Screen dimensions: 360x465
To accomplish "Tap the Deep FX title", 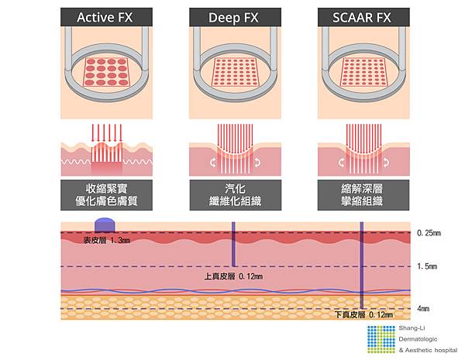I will coord(232,17).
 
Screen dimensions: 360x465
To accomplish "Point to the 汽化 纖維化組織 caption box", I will coord(232,195).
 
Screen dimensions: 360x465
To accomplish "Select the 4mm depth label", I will coord(422,307).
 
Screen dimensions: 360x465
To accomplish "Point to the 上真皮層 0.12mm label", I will coord(233,276).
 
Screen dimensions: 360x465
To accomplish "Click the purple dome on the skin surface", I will coord(105,225).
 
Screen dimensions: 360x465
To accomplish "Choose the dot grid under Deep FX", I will coord(232,72).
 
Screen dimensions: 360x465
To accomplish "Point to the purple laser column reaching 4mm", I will coord(361,267).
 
